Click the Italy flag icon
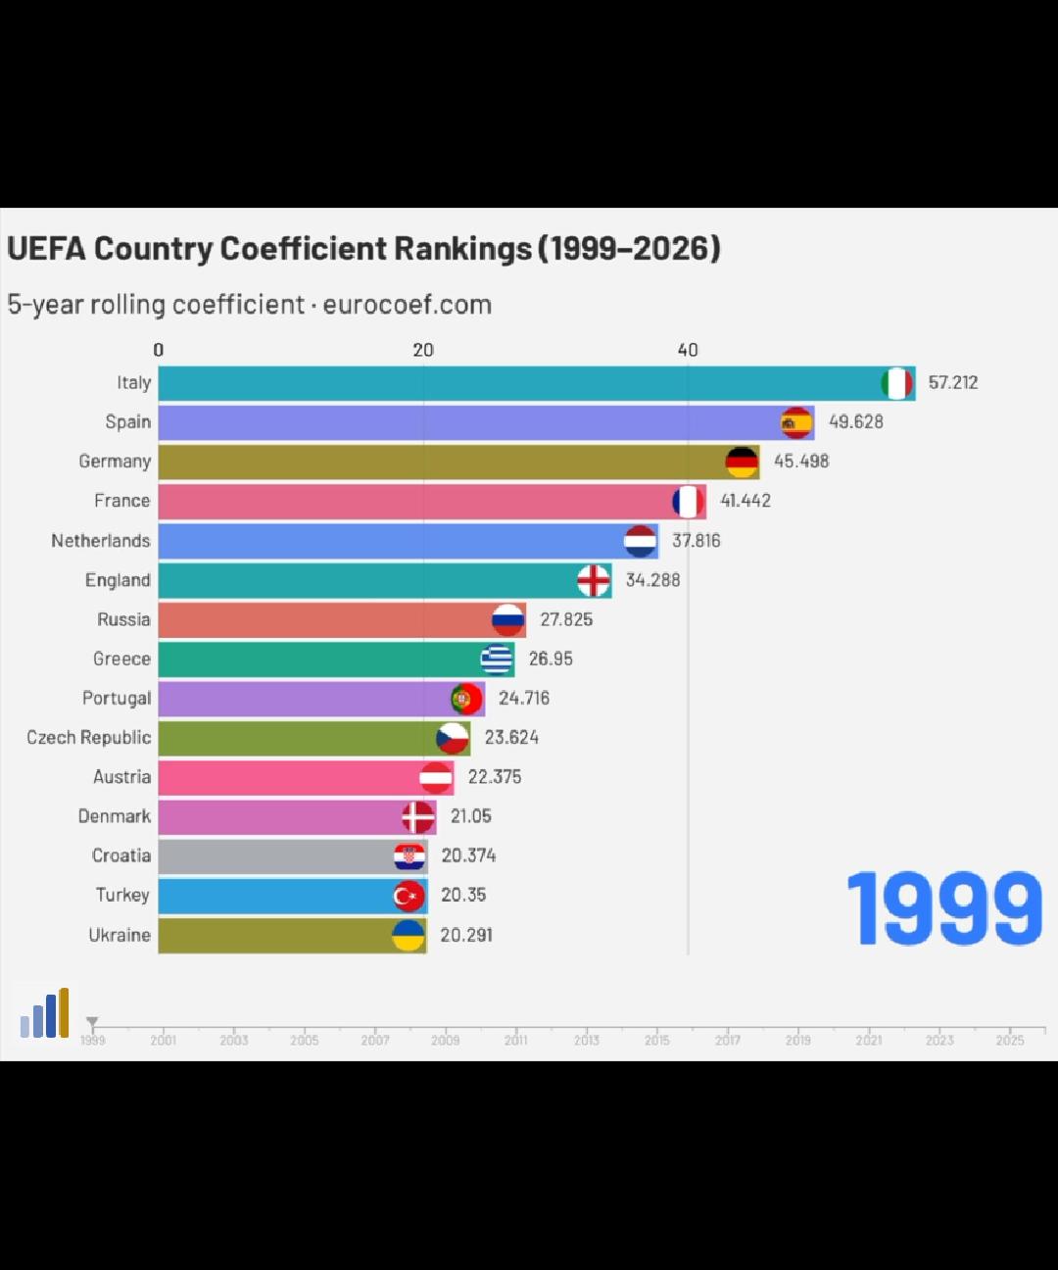click(x=896, y=383)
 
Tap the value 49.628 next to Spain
click(x=856, y=422)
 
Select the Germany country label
click(x=115, y=462)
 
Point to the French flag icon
click(x=689, y=502)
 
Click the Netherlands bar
click(x=392, y=541)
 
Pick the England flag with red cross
click(x=594, y=580)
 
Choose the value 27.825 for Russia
click(x=566, y=619)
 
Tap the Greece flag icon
click(x=497, y=659)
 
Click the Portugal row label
click(x=117, y=699)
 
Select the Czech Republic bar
click(x=294, y=738)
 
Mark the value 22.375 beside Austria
click(x=495, y=777)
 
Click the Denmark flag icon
click(x=418, y=816)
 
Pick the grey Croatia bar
click(x=274, y=856)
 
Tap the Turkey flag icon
click(x=409, y=896)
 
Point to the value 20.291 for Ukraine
click(x=466, y=935)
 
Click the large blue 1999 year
click(x=944, y=909)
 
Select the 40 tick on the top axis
click(x=688, y=350)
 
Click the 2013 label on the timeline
click(x=587, y=1041)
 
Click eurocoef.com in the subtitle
click(x=407, y=305)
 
